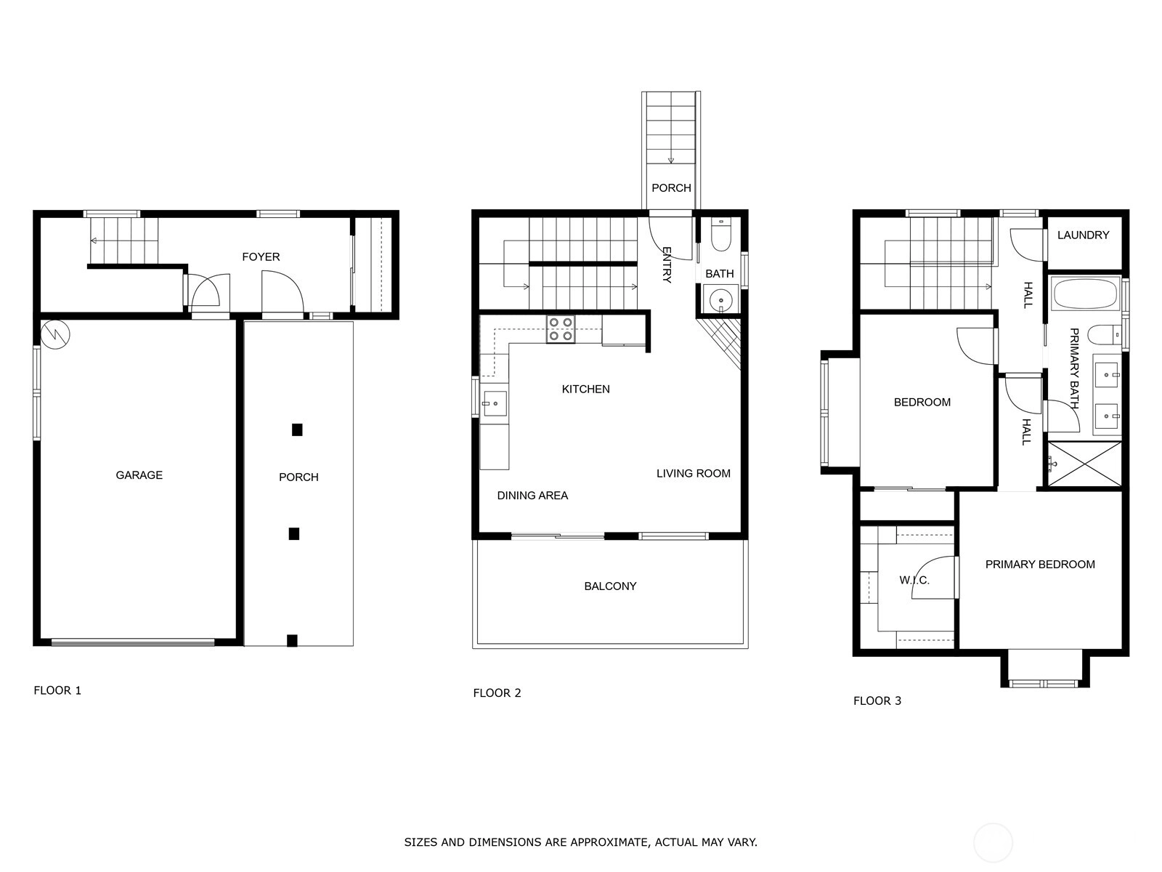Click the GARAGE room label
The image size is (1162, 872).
tap(139, 475)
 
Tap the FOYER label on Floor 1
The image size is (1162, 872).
tap(261, 257)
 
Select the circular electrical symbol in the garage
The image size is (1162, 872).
tap(56, 334)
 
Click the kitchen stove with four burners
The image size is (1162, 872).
tap(561, 328)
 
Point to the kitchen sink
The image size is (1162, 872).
tap(495, 404)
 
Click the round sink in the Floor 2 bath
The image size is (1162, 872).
tap(720, 300)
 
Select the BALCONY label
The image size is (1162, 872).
tap(610, 586)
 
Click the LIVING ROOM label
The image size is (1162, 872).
tap(694, 473)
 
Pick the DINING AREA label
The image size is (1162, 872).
tap(532, 496)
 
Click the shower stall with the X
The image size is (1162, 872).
tap(1085, 464)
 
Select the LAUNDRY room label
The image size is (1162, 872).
tap(1083, 235)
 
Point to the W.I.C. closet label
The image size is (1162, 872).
tap(914, 581)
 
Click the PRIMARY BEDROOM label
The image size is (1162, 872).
tap(1040, 565)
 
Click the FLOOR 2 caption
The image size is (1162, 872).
tap(497, 693)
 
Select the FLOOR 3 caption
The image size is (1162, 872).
tap(877, 701)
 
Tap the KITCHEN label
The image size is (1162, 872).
tap(586, 389)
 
